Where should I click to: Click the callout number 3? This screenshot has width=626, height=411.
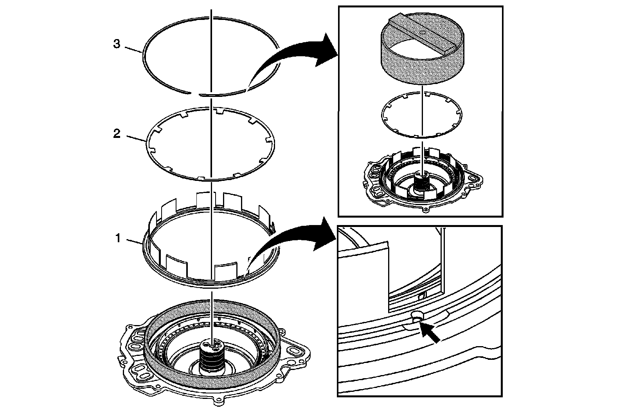click(x=117, y=45)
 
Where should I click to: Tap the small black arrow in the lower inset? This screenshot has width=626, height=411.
click(x=430, y=333)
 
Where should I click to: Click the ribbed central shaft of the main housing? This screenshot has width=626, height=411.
click(x=211, y=357)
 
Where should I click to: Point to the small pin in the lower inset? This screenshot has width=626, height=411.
click(x=417, y=316)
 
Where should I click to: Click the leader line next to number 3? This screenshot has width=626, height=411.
click(x=133, y=49)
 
